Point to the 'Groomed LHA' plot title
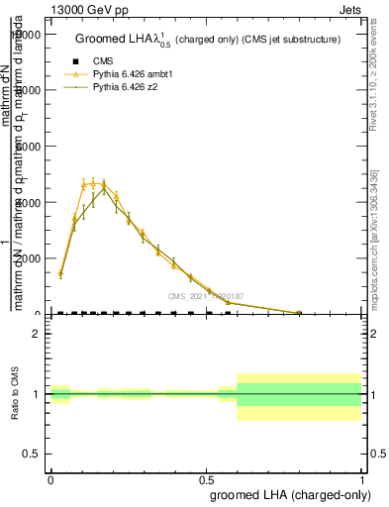click(208, 40)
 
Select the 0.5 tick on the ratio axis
click(33, 454)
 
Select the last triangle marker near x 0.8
click(299, 312)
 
